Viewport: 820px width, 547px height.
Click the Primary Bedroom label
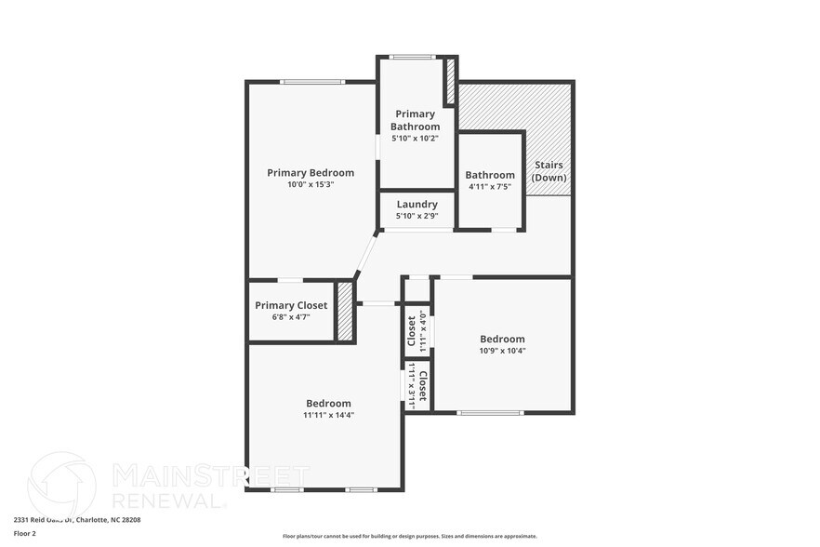pyautogui.click(x=311, y=172)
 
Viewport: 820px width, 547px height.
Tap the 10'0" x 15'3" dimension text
pyautogui.click(x=311, y=184)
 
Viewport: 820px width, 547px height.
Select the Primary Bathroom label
pyautogui.click(x=416, y=120)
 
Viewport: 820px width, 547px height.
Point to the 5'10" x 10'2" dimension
pyautogui.click(x=416, y=138)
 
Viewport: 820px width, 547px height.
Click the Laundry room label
pyautogui.click(x=417, y=205)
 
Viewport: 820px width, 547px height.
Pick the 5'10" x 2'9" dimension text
pyautogui.click(x=417, y=216)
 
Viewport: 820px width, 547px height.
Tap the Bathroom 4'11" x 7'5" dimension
pyautogui.click(x=490, y=187)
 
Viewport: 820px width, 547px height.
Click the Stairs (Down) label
pyautogui.click(x=549, y=171)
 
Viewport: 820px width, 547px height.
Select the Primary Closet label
pyautogui.click(x=292, y=305)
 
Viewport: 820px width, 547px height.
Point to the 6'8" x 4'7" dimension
pyautogui.click(x=291, y=317)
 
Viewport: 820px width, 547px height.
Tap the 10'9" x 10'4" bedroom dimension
pyautogui.click(x=502, y=351)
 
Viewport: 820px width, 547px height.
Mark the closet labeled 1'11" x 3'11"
pyautogui.click(x=417, y=387)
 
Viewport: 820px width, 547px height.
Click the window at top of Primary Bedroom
pyautogui.click(x=312, y=82)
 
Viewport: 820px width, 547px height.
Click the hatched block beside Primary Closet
pyautogui.click(x=345, y=312)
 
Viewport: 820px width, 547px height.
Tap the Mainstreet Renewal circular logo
pyautogui.click(x=62, y=485)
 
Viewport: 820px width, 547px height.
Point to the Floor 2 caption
pyautogui.click(x=25, y=534)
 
